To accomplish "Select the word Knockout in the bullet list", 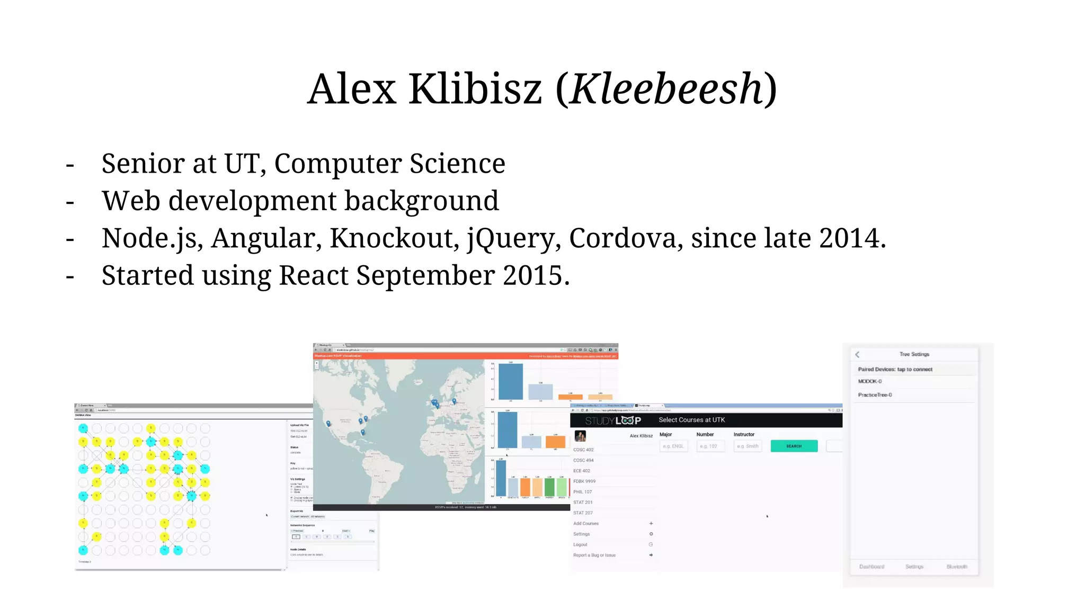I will tap(394, 238).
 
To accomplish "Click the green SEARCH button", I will tap(794, 446).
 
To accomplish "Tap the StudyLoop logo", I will tap(613, 420).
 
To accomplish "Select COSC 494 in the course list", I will tap(583, 460).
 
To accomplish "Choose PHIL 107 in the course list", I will tap(583, 492).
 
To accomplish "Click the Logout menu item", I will tap(580, 544).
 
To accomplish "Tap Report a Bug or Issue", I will tap(594, 555).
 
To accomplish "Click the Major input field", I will tap(674, 446).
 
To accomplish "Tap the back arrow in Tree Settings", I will tap(858, 354).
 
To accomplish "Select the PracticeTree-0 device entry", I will tap(875, 395).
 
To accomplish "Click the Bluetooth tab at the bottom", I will tap(957, 567).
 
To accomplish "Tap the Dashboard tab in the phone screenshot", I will tap(871, 567).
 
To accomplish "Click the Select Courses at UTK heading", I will tap(692, 420).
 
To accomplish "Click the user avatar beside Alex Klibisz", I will tap(580, 436).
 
